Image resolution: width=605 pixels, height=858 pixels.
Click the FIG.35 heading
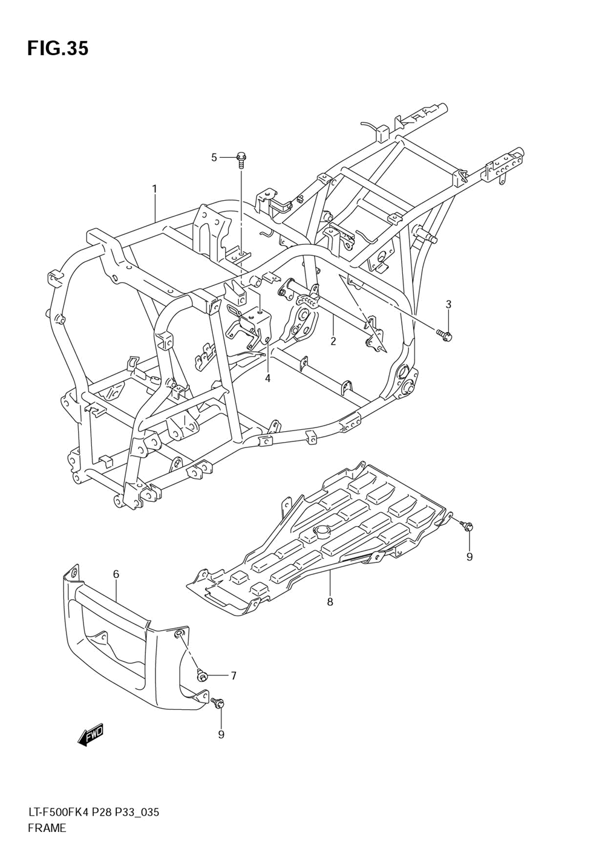click(57, 48)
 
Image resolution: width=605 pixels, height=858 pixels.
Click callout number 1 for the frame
click(154, 189)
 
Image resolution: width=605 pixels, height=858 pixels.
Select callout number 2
click(333, 341)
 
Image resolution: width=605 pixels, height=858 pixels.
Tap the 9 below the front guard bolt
click(221, 734)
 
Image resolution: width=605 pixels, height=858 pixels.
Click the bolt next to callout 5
click(241, 159)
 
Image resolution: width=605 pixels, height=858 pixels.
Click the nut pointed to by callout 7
click(203, 675)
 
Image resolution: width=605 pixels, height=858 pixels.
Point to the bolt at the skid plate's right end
click(468, 527)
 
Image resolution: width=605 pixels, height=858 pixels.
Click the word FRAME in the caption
click(47, 828)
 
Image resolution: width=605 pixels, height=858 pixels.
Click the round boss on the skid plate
click(320, 532)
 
